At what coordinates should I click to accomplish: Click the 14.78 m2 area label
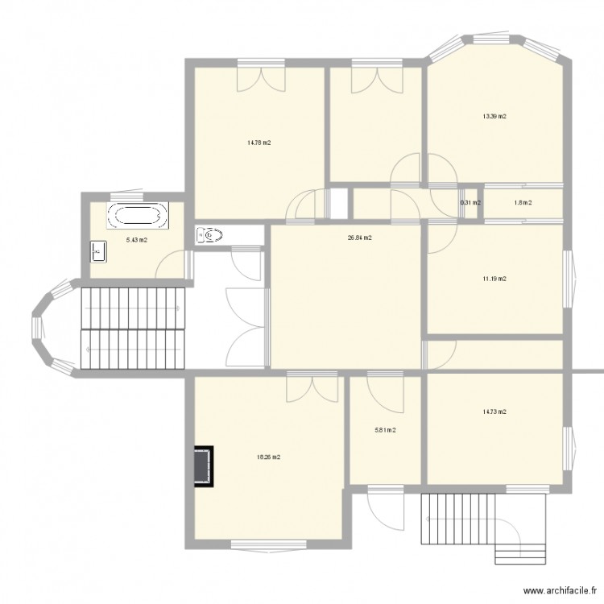click(x=259, y=143)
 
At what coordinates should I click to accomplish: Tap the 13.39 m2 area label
click(x=494, y=117)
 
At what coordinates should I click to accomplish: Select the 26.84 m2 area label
click(x=359, y=238)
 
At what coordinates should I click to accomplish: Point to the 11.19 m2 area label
click(x=494, y=279)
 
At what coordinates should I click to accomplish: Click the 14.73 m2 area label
click(x=494, y=412)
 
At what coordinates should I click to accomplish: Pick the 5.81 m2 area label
click(x=385, y=430)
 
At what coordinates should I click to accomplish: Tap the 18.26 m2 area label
click(x=268, y=457)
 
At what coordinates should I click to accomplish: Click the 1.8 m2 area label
click(x=523, y=203)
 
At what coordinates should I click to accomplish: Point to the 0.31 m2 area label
click(x=470, y=203)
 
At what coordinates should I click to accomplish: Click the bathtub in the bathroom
click(x=138, y=216)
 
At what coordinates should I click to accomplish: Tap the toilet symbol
click(x=209, y=235)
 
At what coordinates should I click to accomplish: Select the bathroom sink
click(x=99, y=251)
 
